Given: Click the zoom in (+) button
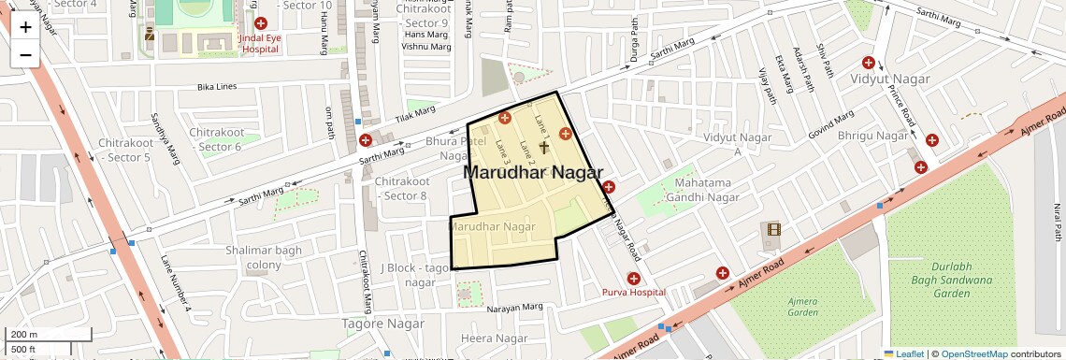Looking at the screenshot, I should (25, 27).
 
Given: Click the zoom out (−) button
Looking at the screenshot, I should (25, 54).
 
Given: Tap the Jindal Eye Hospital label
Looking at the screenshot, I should (260, 44).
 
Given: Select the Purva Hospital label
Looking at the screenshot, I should (633, 292).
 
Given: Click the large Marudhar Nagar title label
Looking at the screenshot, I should (531, 172).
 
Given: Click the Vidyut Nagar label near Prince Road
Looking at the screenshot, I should (890, 79).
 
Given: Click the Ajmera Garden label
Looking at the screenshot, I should (802, 309).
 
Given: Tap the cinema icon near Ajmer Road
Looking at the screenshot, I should (772, 229).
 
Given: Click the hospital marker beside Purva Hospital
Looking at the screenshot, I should (633, 278).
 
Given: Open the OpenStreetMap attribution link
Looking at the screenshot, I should (973, 353).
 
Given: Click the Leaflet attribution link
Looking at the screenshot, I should (904, 353).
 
